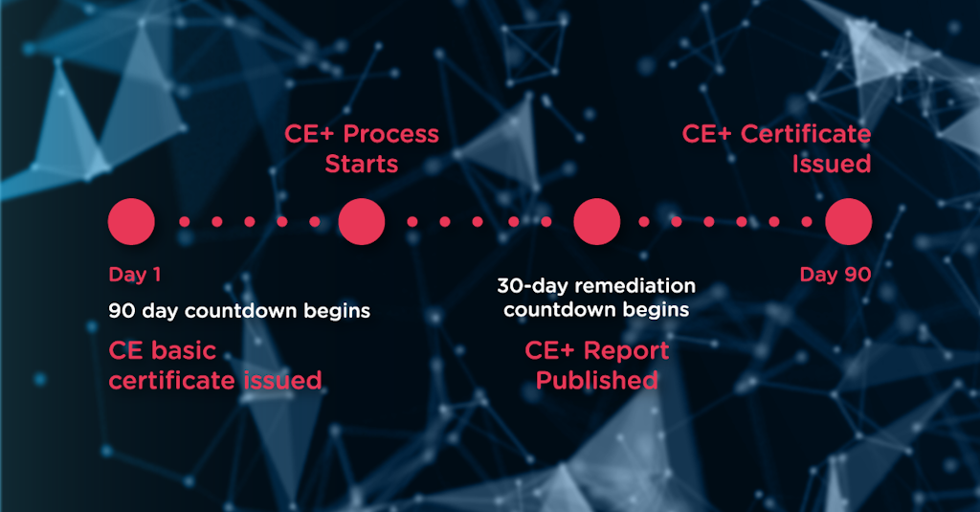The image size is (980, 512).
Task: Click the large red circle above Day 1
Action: pos(131,222)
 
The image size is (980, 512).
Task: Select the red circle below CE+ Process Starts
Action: pos(362,222)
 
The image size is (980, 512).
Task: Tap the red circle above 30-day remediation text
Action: pos(597,222)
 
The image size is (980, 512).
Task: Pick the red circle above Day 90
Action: pos(849,222)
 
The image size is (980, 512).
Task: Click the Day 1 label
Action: pos(135,276)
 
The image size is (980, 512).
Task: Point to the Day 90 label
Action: pos(835,276)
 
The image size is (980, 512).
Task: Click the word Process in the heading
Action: pos(390,134)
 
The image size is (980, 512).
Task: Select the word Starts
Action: pos(362,164)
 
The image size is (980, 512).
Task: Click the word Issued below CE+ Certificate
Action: pos(832,164)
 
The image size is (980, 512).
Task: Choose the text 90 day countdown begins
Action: pos(239,312)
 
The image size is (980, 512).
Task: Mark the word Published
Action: pos(597,381)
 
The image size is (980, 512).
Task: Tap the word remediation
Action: pos(628,286)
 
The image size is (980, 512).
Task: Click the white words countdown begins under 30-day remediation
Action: pos(596,310)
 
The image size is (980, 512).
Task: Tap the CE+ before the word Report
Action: pos(550,350)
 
